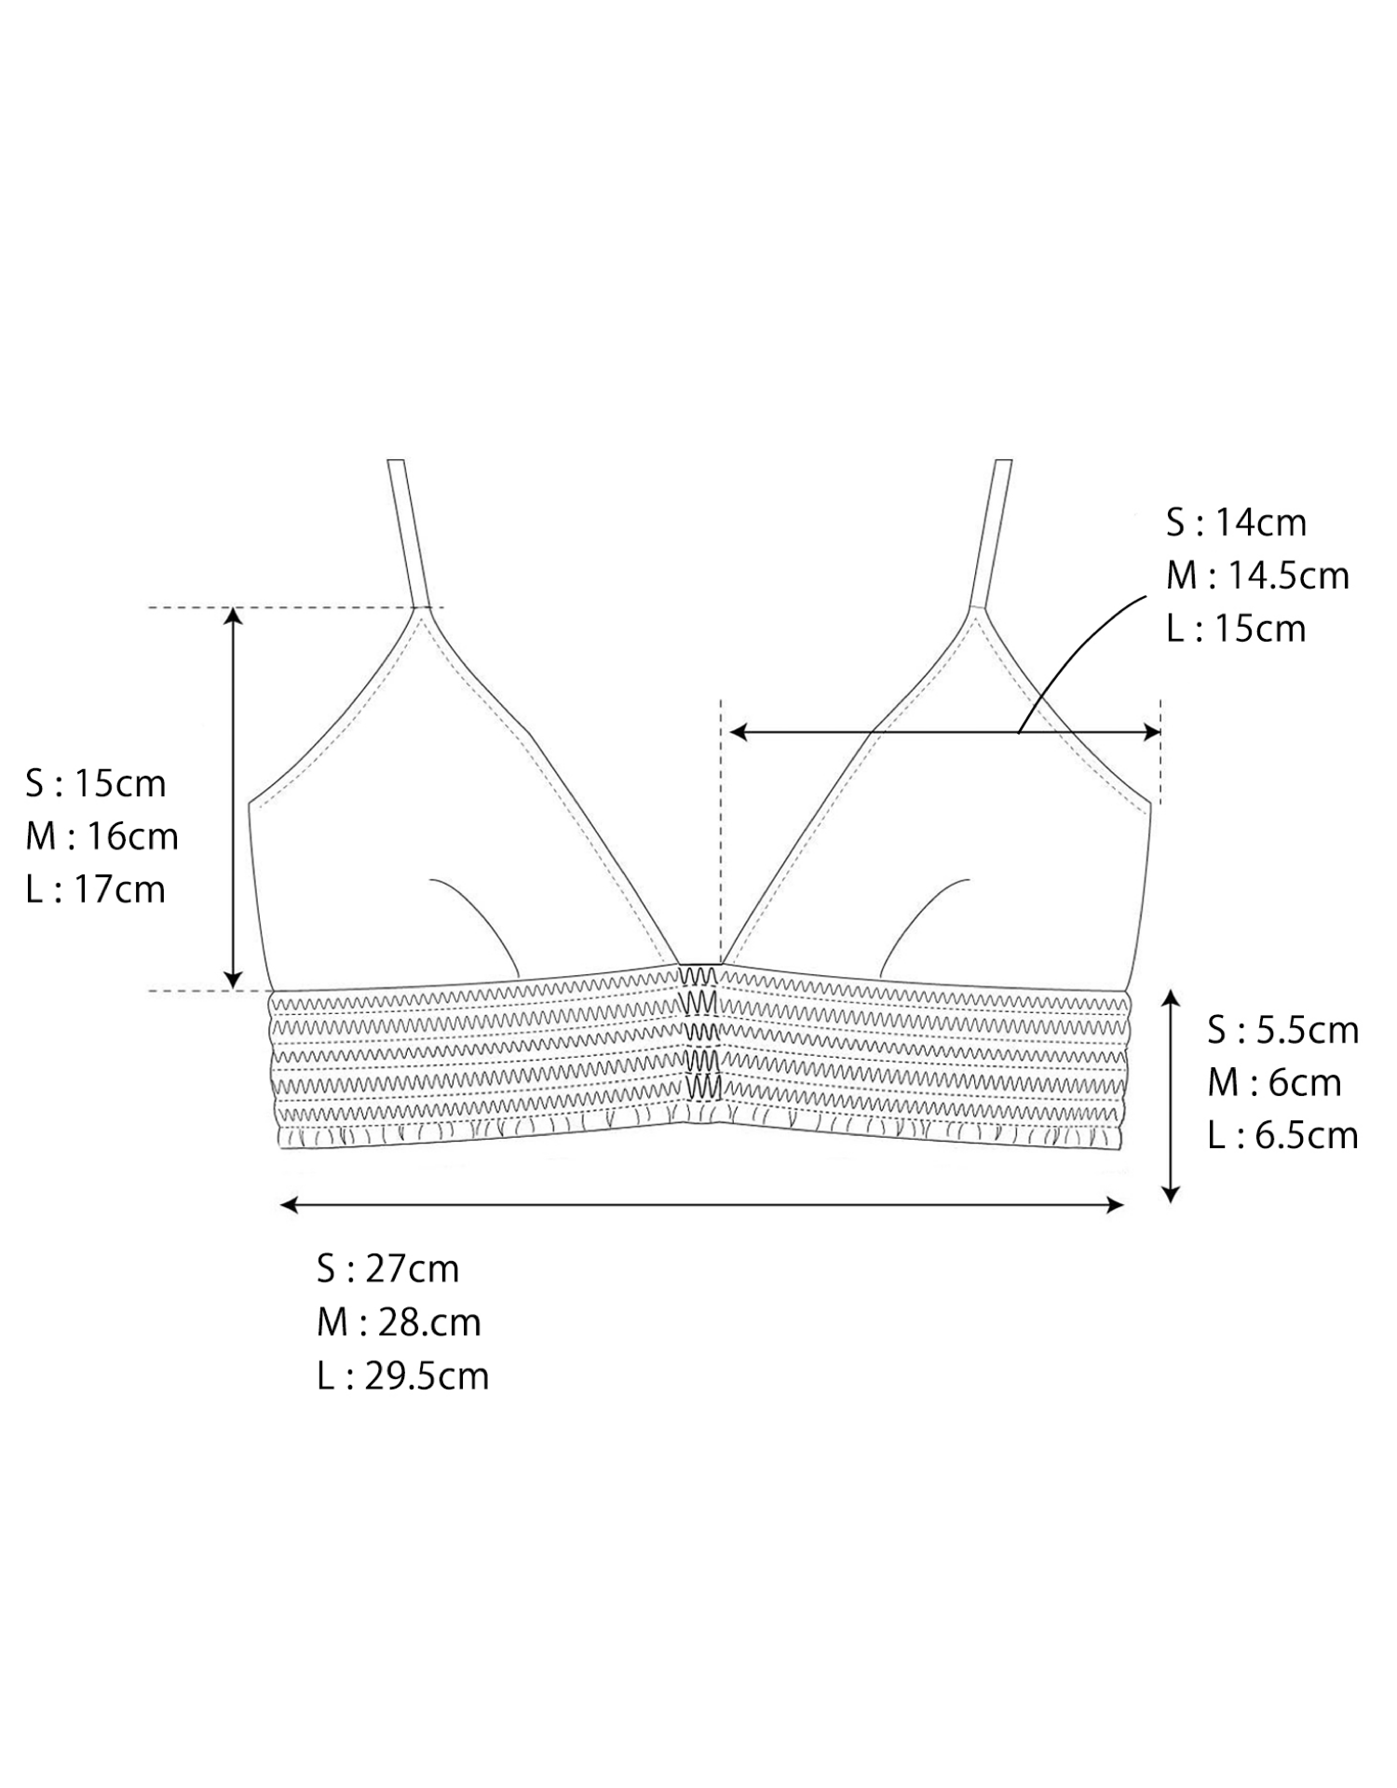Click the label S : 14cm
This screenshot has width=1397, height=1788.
pos(1236,523)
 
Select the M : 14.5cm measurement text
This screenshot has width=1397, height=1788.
pos(1257,576)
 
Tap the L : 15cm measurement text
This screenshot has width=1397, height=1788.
pos(1236,630)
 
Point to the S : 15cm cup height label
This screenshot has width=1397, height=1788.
pos(96,784)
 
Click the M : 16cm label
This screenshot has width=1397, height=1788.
pos(102,837)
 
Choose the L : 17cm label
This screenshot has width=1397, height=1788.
pos(96,890)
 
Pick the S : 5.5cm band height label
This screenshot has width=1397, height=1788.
pos(1283,1031)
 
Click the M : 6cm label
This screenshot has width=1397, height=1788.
pos(1275,1084)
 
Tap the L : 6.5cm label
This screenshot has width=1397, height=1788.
pos(1283,1137)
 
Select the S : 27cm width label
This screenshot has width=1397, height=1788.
pos(388,1269)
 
